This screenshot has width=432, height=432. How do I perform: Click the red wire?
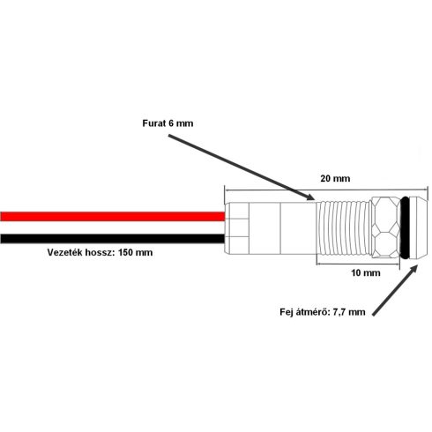coord(113,216)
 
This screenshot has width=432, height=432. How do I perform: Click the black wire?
coord(113,238)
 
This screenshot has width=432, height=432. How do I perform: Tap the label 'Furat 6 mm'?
coord(168,123)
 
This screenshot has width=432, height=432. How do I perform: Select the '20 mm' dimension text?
coord(335,178)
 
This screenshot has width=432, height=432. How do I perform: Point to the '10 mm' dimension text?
coord(366,272)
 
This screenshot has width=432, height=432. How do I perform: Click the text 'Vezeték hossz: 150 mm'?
coord(100,252)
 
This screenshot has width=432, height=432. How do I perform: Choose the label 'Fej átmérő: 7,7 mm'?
coord(323,312)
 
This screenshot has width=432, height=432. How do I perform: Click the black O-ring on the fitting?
coord(405,227)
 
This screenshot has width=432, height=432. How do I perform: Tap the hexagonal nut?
coord(385,227)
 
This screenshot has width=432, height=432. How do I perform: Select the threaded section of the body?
coord(344,227)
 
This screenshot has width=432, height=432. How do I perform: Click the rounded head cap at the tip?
coord(418,227)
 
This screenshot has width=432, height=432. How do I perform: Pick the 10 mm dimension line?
coord(358,264)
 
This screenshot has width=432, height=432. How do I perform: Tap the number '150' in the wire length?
coord(126,252)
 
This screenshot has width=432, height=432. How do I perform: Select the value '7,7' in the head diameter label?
coord(339,312)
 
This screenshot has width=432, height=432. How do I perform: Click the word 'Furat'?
coord(154,123)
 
